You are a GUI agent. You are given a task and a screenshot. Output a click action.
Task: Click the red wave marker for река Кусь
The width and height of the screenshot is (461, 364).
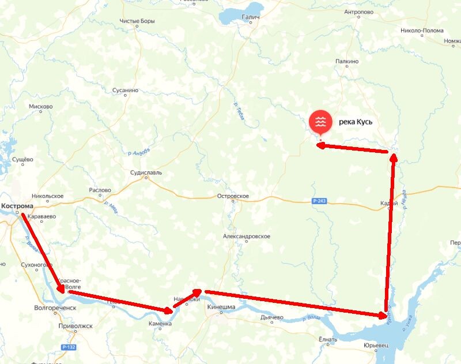click(x=320, y=122)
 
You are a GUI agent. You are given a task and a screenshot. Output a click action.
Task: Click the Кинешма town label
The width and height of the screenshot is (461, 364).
click(x=221, y=307)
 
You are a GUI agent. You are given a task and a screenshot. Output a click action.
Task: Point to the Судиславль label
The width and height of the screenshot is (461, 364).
click(x=146, y=172)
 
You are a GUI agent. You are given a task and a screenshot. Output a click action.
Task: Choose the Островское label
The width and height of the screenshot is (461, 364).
click(x=233, y=196)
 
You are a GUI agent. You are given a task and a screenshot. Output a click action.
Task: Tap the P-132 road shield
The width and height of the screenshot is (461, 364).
click(x=69, y=347)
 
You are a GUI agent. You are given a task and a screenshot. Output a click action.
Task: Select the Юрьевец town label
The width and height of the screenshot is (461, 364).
click(x=376, y=344)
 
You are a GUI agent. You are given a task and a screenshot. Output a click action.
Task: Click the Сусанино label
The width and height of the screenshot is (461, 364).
click(x=125, y=91)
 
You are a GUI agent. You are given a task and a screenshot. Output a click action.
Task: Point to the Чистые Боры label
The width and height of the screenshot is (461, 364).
click(x=138, y=21)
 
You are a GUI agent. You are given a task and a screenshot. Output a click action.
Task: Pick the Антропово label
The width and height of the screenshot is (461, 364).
click(x=360, y=12)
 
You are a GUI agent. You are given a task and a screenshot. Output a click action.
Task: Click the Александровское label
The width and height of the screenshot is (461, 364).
click(x=247, y=237)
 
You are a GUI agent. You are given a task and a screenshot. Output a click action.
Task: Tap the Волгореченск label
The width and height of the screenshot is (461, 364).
click(x=55, y=308)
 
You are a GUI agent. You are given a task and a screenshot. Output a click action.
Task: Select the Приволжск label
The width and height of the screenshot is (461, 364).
click(x=75, y=325)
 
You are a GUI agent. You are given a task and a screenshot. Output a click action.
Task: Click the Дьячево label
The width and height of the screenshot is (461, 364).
click(x=271, y=317)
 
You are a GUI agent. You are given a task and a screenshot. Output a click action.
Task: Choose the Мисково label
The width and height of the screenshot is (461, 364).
click(x=40, y=107)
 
